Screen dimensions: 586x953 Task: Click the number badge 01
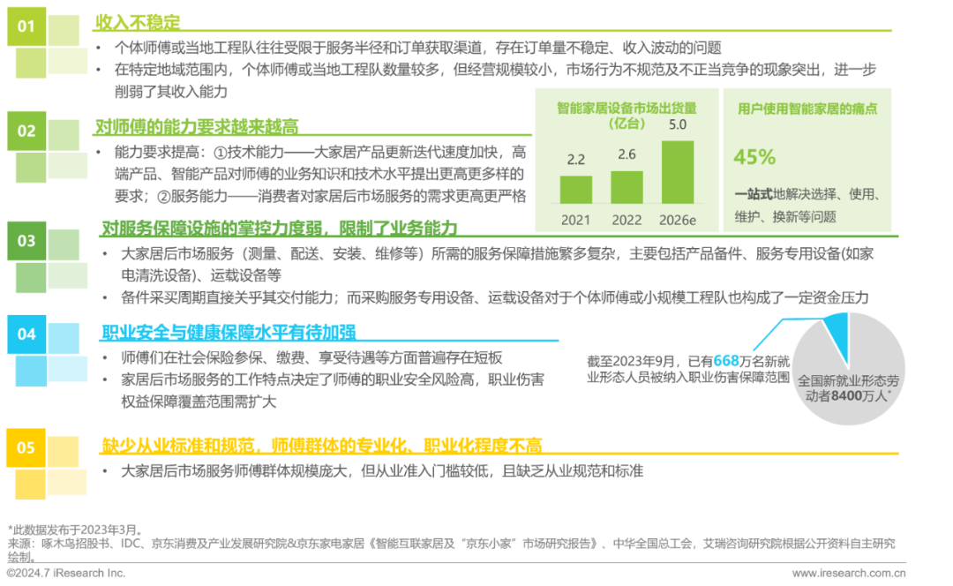pyautogui.click(x=26, y=26)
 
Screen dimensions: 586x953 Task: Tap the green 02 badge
pyautogui.click(x=26, y=131)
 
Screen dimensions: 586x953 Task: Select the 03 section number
pyautogui.click(x=26, y=240)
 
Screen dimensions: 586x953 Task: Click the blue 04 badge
pyautogui.click(x=26, y=334)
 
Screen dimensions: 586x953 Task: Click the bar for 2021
pyautogui.click(x=576, y=189)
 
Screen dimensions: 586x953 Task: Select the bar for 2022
pyautogui.click(x=627, y=186)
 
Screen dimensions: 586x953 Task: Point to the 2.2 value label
pyautogui.click(x=576, y=161)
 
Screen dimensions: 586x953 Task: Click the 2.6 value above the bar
pyautogui.click(x=627, y=154)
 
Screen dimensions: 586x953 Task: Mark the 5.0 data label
pyautogui.click(x=677, y=124)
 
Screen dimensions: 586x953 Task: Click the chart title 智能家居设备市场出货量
pyautogui.click(x=627, y=108)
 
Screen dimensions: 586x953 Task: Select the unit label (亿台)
pyautogui.click(x=627, y=124)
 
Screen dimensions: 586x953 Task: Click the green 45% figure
pyautogui.click(x=754, y=157)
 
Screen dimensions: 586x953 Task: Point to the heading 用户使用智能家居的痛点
pyautogui.click(x=807, y=109)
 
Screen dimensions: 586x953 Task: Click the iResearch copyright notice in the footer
pyautogui.click(x=66, y=574)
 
